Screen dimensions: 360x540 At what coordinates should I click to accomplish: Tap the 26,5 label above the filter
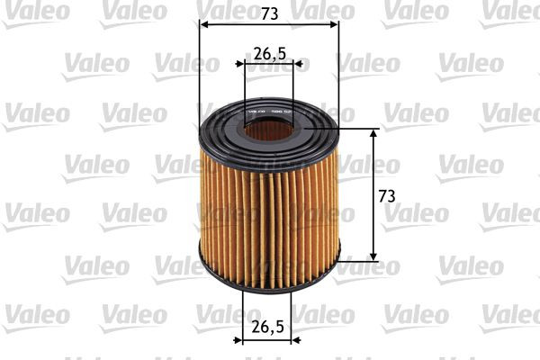coord(269,53)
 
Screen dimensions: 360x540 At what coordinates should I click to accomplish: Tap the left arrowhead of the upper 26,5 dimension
coord(240,65)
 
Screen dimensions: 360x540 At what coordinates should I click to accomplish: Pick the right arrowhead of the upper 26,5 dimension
coord(300,65)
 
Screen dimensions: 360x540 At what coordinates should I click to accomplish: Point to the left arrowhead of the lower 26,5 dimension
coord(240,340)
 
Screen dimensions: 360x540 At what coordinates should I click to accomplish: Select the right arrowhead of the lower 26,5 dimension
coord(300,340)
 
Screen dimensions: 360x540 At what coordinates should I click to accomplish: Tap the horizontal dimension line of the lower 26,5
coord(270,340)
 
